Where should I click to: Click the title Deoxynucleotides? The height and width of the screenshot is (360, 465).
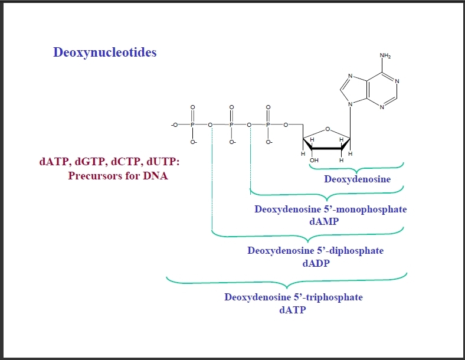(x=105, y=53)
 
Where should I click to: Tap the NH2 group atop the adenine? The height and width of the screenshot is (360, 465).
(x=385, y=57)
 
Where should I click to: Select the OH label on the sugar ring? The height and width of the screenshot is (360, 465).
(x=314, y=159)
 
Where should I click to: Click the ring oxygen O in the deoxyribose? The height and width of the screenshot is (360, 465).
(x=328, y=130)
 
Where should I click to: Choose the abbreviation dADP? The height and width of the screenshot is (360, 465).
(x=316, y=263)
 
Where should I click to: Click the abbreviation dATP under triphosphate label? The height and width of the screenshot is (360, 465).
(x=293, y=309)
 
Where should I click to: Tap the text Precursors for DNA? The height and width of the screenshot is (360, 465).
(x=118, y=175)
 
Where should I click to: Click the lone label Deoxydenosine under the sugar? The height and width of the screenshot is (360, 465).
(x=357, y=179)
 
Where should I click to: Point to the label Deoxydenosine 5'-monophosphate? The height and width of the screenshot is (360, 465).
(x=330, y=209)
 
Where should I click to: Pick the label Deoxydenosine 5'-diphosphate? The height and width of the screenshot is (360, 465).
(x=315, y=250)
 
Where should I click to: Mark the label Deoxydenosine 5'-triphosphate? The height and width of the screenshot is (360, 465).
(x=293, y=297)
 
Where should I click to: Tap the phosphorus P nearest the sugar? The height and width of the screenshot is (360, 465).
(x=268, y=125)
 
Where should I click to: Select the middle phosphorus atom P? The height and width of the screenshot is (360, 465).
(x=231, y=125)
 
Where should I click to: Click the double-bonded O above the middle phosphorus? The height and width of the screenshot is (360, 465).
(x=231, y=107)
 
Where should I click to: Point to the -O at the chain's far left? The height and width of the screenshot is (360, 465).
(x=174, y=125)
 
